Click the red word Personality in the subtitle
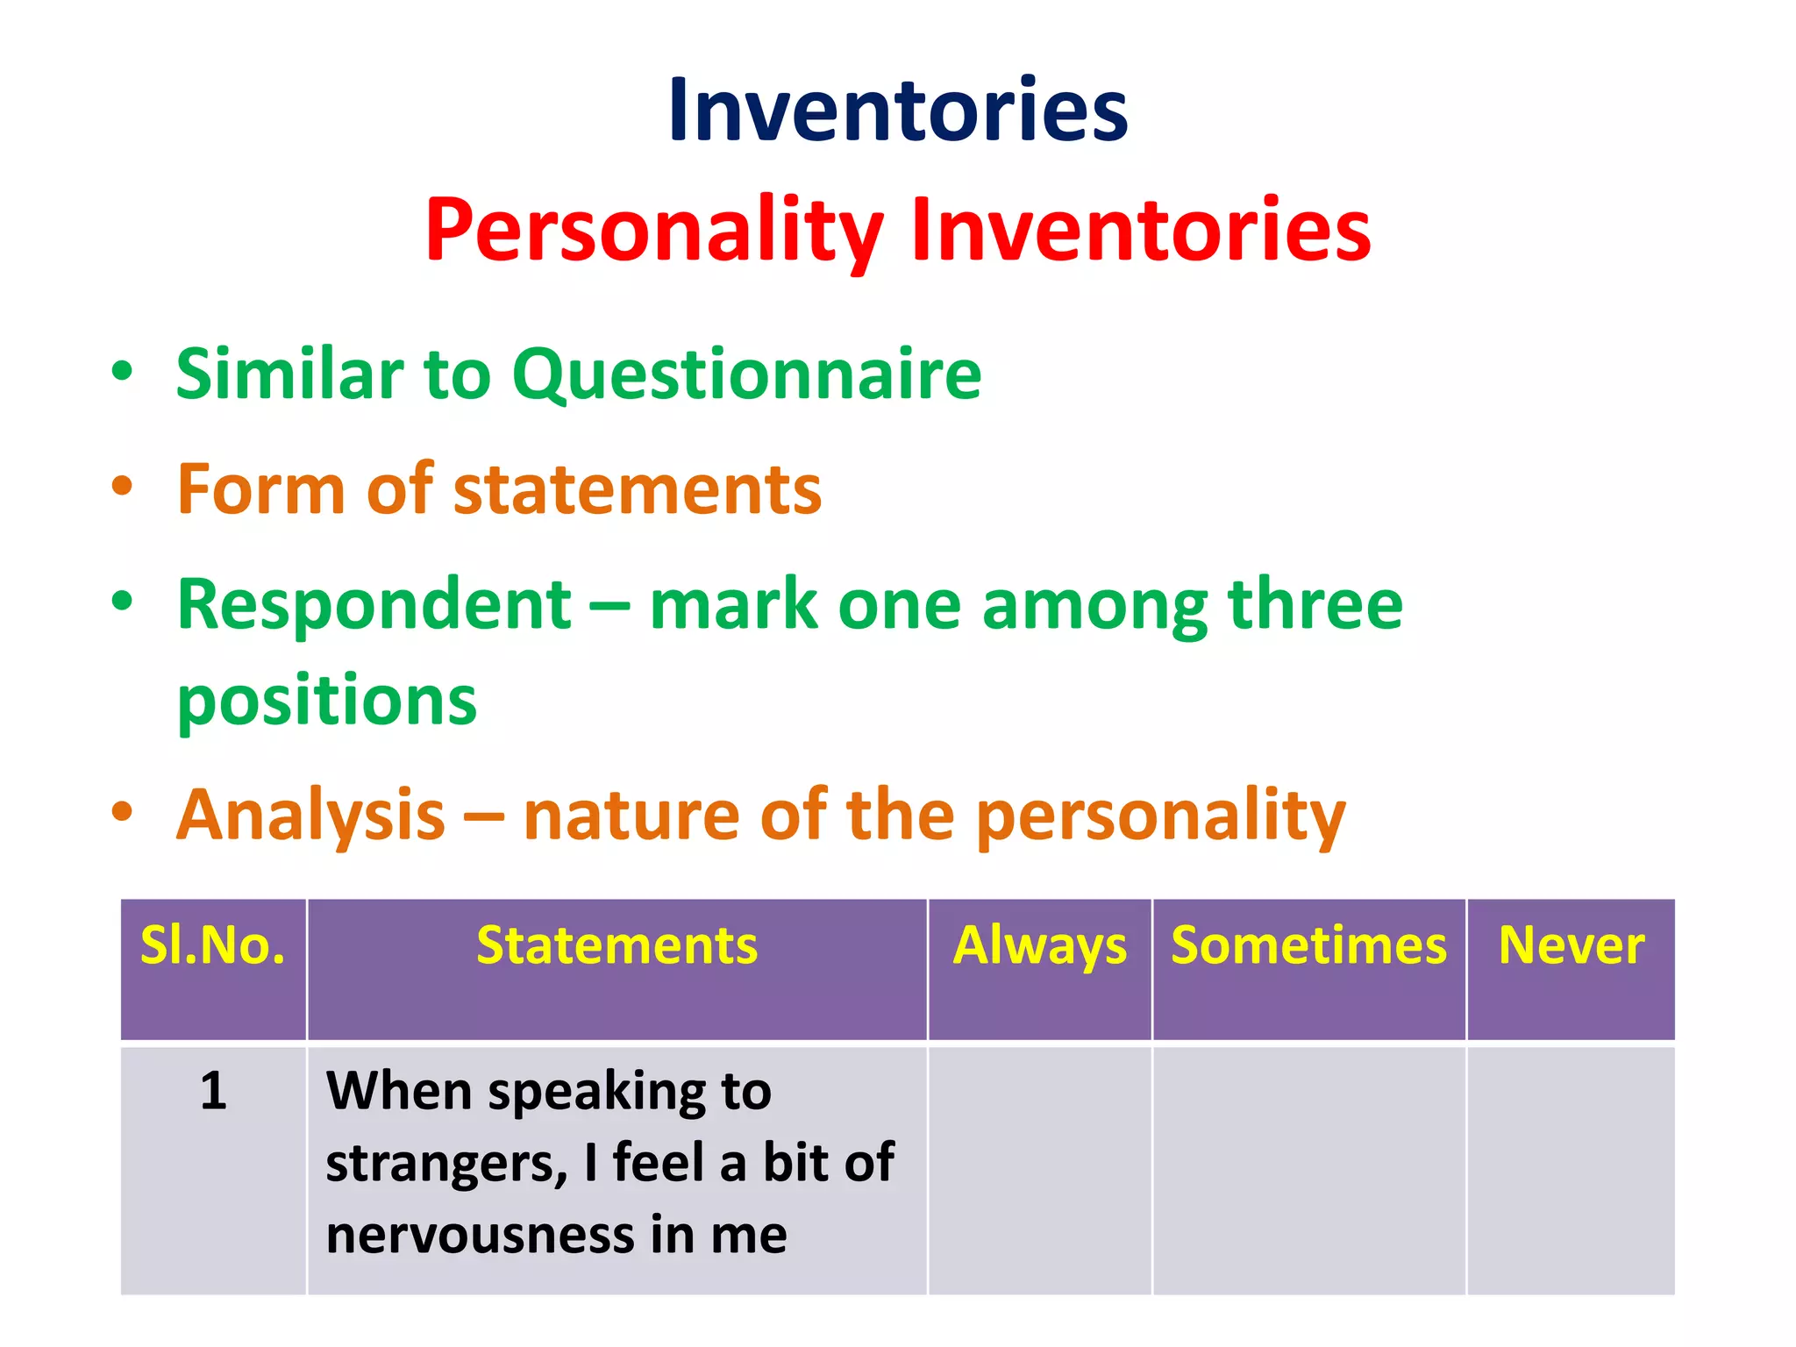tap(653, 230)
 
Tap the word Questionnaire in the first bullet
tap(746, 374)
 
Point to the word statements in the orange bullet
tap(638, 489)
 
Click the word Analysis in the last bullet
tap(311, 815)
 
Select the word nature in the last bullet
tap(631, 815)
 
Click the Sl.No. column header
tap(213, 946)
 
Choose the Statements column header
tap(616, 946)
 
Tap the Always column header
tap(1040, 946)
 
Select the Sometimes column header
tap(1308, 946)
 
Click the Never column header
tap(1571, 946)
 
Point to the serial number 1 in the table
tap(213, 1092)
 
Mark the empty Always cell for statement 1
tap(1040, 1171)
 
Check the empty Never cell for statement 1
tap(1571, 1171)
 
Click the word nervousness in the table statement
tap(481, 1235)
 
